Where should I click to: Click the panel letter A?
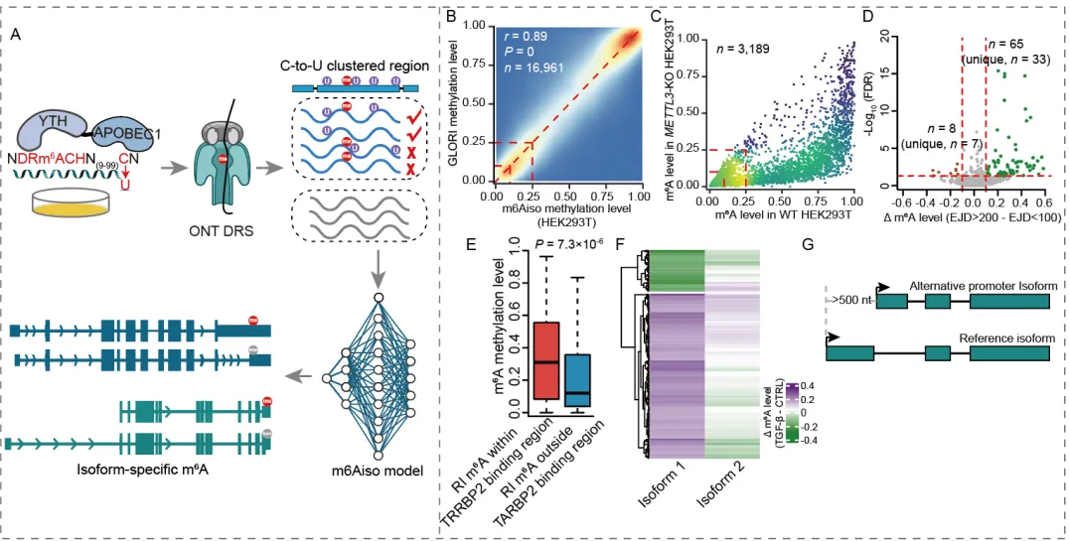[x=15, y=34]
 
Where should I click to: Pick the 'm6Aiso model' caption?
[x=379, y=470]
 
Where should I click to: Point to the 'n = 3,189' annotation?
[x=744, y=46]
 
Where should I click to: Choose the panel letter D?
[x=867, y=17]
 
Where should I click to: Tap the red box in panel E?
[x=546, y=359]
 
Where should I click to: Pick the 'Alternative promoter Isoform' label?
[x=983, y=286]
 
